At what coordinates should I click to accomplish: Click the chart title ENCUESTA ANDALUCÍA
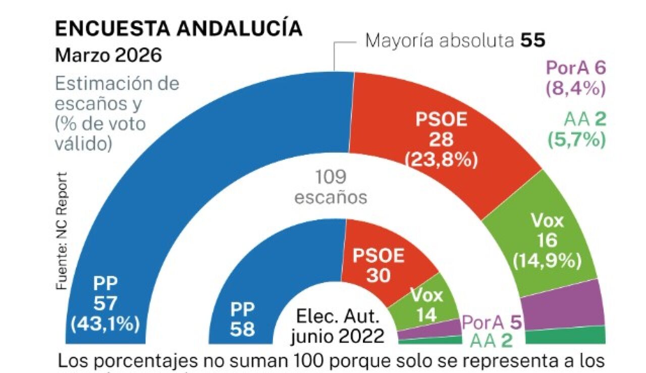click(178, 29)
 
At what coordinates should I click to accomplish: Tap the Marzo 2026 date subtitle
click(108, 55)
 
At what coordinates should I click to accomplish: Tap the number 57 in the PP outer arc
click(105, 303)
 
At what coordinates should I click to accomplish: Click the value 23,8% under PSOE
click(441, 162)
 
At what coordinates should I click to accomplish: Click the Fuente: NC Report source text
click(62, 231)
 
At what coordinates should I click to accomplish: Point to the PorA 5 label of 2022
click(492, 322)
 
